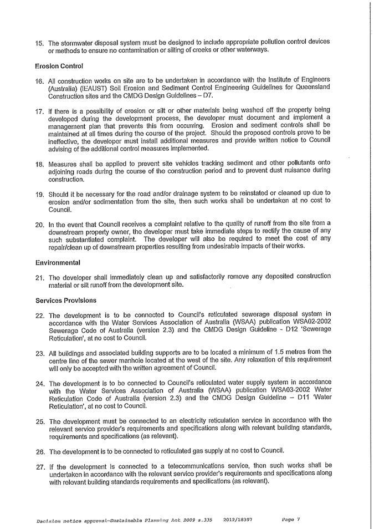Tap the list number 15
tap(39, 42)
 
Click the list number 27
tap(39, 465)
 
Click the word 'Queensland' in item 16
tap(312, 87)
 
